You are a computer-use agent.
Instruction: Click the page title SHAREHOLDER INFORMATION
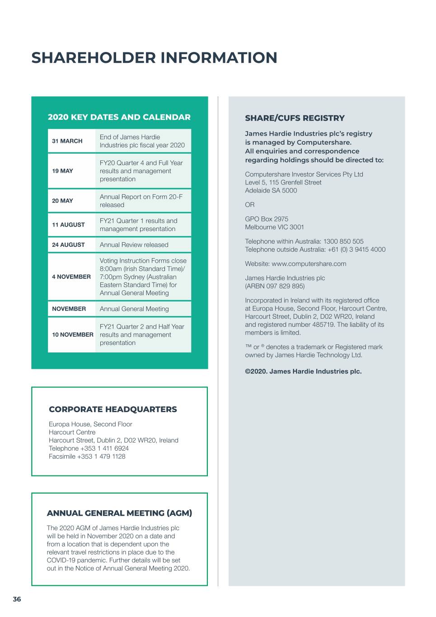coord(154,58)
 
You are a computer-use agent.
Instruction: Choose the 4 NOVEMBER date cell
coord(71,277)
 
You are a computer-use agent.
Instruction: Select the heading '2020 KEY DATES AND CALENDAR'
coord(119,117)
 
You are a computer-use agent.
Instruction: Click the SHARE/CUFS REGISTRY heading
coord(295,118)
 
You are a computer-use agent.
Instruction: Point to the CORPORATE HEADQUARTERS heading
coord(113,410)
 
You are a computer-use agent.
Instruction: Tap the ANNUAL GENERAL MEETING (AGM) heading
coord(119,513)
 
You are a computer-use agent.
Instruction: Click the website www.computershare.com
coord(309,264)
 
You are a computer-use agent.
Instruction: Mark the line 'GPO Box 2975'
coord(267,219)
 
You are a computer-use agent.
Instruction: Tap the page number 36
coord(17,599)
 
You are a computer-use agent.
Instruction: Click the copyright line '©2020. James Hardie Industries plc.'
coord(303,372)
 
